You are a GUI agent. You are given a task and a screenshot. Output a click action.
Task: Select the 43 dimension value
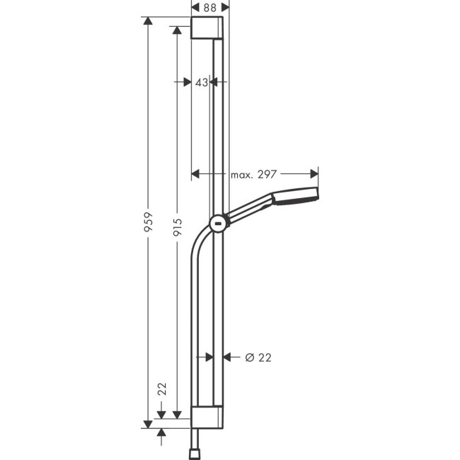201,82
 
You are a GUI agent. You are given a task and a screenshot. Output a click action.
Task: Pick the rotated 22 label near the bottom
162,388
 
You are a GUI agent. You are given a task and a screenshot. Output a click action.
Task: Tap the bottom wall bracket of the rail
209,417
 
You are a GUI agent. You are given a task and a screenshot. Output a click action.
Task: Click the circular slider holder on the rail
219,225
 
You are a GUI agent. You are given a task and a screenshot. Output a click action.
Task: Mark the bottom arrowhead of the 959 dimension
148,422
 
